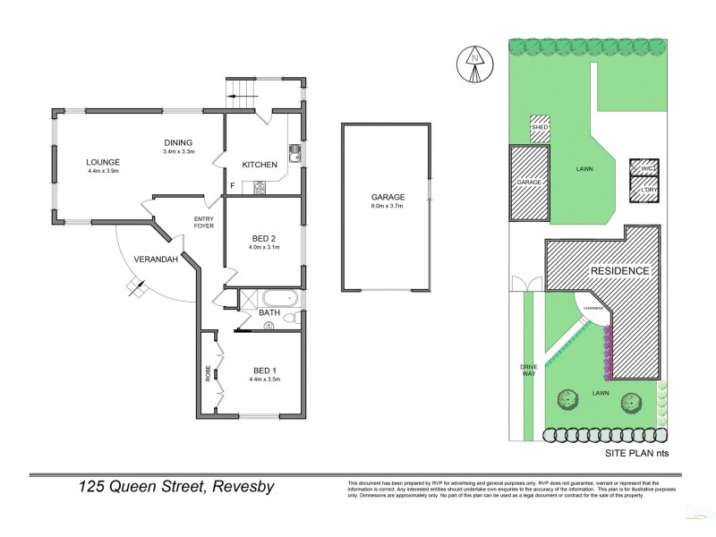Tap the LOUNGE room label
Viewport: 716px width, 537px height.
pyautogui.click(x=103, y=162)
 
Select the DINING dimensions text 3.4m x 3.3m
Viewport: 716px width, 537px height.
pyautogui.click(x=179, y=152)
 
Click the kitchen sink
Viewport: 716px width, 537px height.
pyautogui.click(x=294, y=149)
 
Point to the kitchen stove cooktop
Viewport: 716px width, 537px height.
pyautogui.click(x=260, y=187)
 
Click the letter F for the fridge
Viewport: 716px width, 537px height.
pyautogui.click(x=233, y=186)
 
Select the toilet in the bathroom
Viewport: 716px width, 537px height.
pyautogui.click(x=268, y=325)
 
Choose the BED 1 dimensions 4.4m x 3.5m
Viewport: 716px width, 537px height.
pyautogui.click(x=265, y=379)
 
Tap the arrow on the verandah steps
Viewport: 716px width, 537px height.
pyautogui.click(x=136, y=286)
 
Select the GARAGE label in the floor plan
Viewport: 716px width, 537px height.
pyautogui.click(x=388, y=198)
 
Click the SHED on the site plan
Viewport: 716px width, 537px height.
pyautogui.click(x=539, y=128)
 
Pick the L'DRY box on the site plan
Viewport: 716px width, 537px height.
pyautogui.click(x=644, y=190)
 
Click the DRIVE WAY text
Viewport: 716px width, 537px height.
pyautogui.click(x=527, y=370)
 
